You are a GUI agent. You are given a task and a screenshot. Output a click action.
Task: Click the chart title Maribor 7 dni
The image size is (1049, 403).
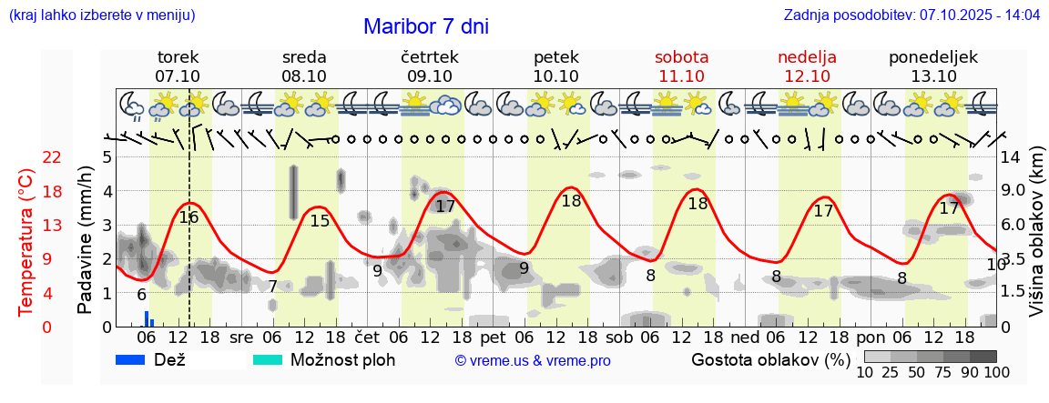(425, 26)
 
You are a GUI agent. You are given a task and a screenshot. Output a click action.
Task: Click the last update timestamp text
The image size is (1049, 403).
(912, 15)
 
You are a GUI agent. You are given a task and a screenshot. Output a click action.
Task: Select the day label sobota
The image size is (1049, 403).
(681, 57)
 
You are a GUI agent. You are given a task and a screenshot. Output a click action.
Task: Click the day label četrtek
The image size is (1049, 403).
(429, 57)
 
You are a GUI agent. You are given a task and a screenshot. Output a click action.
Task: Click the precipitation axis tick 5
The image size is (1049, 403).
(107, 157)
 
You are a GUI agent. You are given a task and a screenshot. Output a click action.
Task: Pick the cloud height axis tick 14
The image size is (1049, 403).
(1012, 157)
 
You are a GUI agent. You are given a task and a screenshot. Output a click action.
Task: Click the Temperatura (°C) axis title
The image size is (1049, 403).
(26, 241)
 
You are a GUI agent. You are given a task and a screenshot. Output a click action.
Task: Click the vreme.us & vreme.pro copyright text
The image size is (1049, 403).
(533, 360)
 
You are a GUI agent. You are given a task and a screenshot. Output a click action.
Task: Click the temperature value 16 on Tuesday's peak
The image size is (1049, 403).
(188, 217)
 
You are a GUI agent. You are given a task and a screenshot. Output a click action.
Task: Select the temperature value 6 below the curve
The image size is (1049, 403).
(141, 295)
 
